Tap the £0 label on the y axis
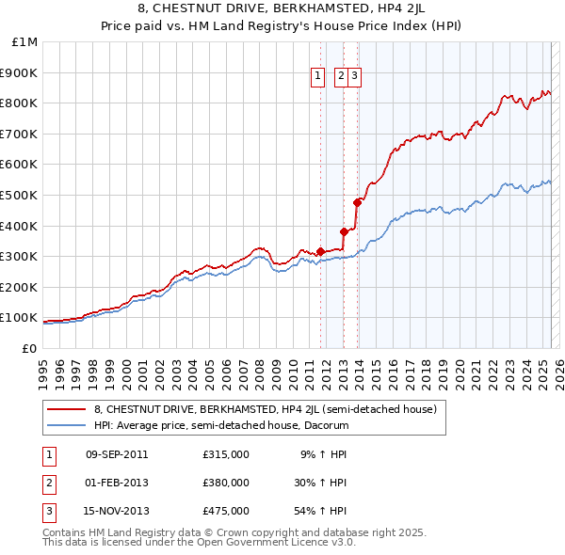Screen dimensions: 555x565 tap(29, 348)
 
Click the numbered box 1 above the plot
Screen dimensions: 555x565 tap(317, 77)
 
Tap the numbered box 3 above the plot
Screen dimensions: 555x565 tap(355, 77)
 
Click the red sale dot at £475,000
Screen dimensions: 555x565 tap(357, 202)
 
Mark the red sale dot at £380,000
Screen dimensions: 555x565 tap(344, 231)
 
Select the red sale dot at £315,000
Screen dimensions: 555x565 tap(320, 251)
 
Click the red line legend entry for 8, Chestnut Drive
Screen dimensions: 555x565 tap(265, 409)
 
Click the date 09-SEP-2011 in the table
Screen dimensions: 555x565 tap(117, 454)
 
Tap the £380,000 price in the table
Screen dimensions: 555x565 tap(225, 483)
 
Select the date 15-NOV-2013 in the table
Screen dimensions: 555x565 tap(117, 511)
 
